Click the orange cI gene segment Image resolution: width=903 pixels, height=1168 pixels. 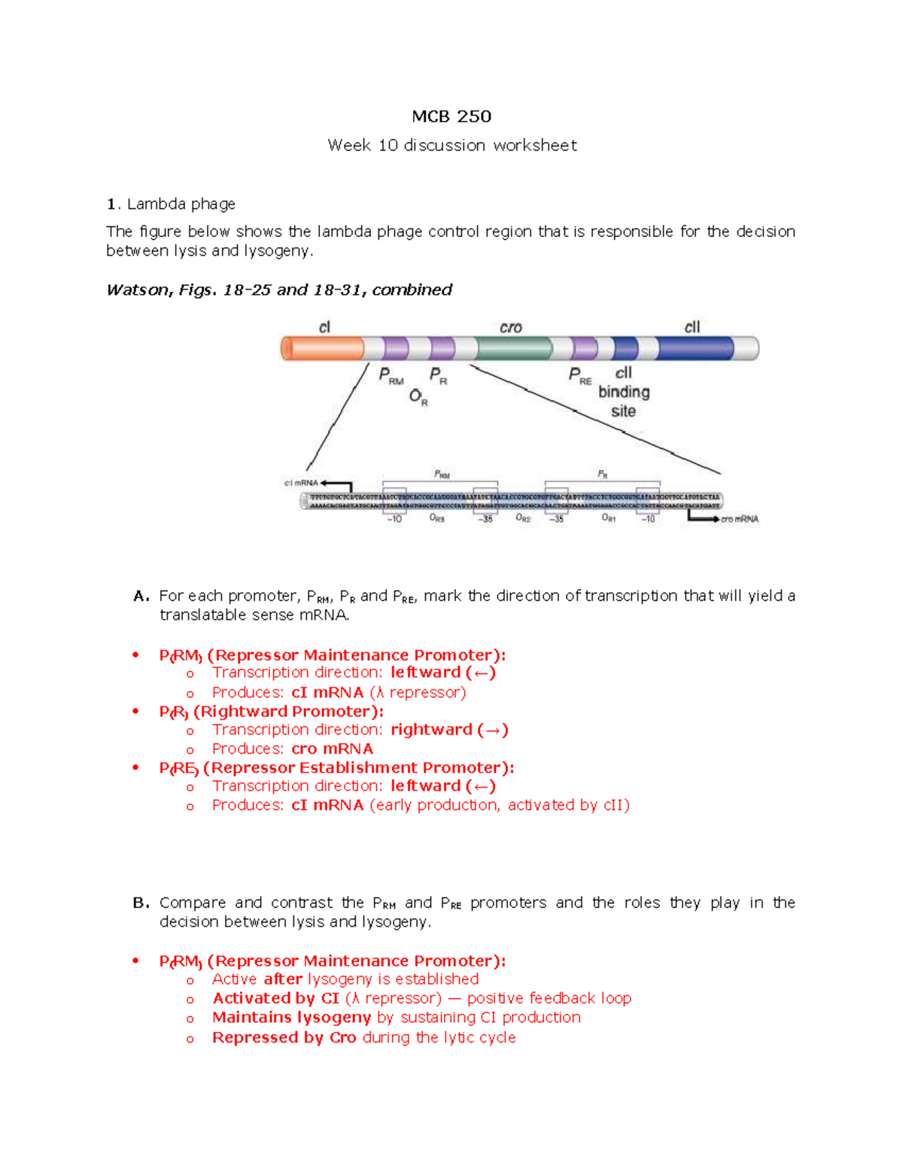click(x=322, y=348)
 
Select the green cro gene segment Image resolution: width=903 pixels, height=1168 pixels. click(x=513, y=348)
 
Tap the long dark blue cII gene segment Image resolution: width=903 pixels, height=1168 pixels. click(x=694, y=348)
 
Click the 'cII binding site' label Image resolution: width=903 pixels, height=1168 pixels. click(x=624, y=392)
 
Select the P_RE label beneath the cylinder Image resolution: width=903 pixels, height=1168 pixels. click(x=579, y=375)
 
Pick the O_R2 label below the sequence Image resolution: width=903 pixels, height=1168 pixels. click(x=523, y=518)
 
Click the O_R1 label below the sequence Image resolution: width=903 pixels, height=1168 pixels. click(x=608, y=518)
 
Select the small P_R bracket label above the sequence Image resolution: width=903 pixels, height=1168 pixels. click(x=603, y=474)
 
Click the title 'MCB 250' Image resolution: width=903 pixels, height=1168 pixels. click(x=451, y=117)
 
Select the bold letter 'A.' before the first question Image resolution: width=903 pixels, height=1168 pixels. click(x=141, y=596)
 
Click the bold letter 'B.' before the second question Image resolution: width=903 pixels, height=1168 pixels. click(x=141, y=903)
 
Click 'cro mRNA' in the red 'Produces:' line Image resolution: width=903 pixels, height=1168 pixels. click(x=332, y=749)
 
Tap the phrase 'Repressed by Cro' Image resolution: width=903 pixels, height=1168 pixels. click(x=284, y=1038)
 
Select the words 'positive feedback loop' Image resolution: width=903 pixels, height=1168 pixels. click(x=549, y=999)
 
